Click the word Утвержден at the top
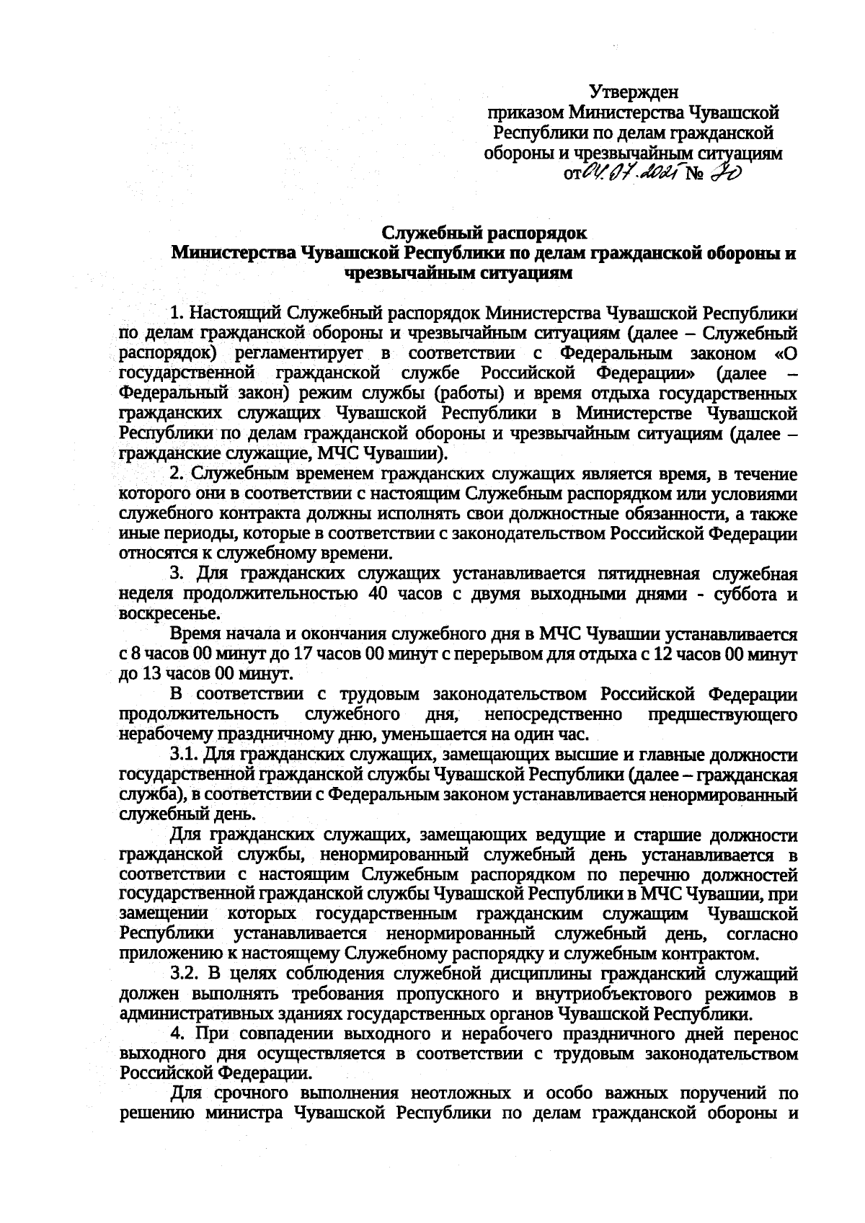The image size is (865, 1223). pos(634,92)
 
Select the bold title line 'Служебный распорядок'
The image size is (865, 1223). pos(484,233)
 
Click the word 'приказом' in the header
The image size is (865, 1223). pos(526,112)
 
